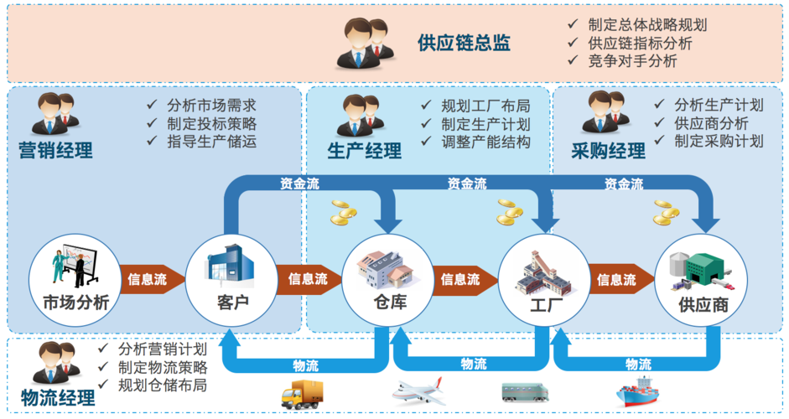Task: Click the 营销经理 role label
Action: click(55, 152)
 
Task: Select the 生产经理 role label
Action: click(364, 152)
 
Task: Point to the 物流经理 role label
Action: click(58, 398)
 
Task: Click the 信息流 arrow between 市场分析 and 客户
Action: click(149, 279)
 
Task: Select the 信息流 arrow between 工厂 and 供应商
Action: click(619, 279)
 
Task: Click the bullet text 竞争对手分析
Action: click(633, 61)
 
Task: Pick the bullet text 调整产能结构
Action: click(486, 142)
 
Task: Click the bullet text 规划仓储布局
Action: click(163, 386)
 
